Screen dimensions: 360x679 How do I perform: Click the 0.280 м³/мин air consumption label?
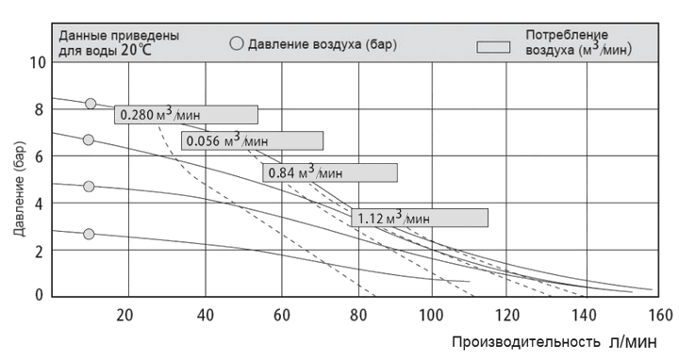click(186, 115)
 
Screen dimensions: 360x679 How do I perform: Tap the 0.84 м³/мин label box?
click(329, 172)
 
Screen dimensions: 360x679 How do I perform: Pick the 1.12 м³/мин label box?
click(420, 218)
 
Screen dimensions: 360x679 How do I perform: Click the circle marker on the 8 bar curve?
click(91, 104)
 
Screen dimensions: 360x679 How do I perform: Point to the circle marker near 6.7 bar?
click(89, 139)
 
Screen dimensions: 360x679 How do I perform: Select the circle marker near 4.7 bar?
click(89, 187)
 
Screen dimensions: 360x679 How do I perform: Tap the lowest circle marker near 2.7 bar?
click(89, 234)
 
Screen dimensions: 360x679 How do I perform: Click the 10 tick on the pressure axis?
click(38, 63)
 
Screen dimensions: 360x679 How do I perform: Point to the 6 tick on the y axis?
click(39, 156)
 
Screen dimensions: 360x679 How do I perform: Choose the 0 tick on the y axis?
click(39, 295)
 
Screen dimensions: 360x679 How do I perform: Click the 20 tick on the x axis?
click(124, 314)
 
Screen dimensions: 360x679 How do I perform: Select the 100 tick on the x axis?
click(431, 314)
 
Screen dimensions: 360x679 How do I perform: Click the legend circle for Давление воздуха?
click(237, 43)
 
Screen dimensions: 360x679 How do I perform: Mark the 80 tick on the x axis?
click(356, 314)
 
